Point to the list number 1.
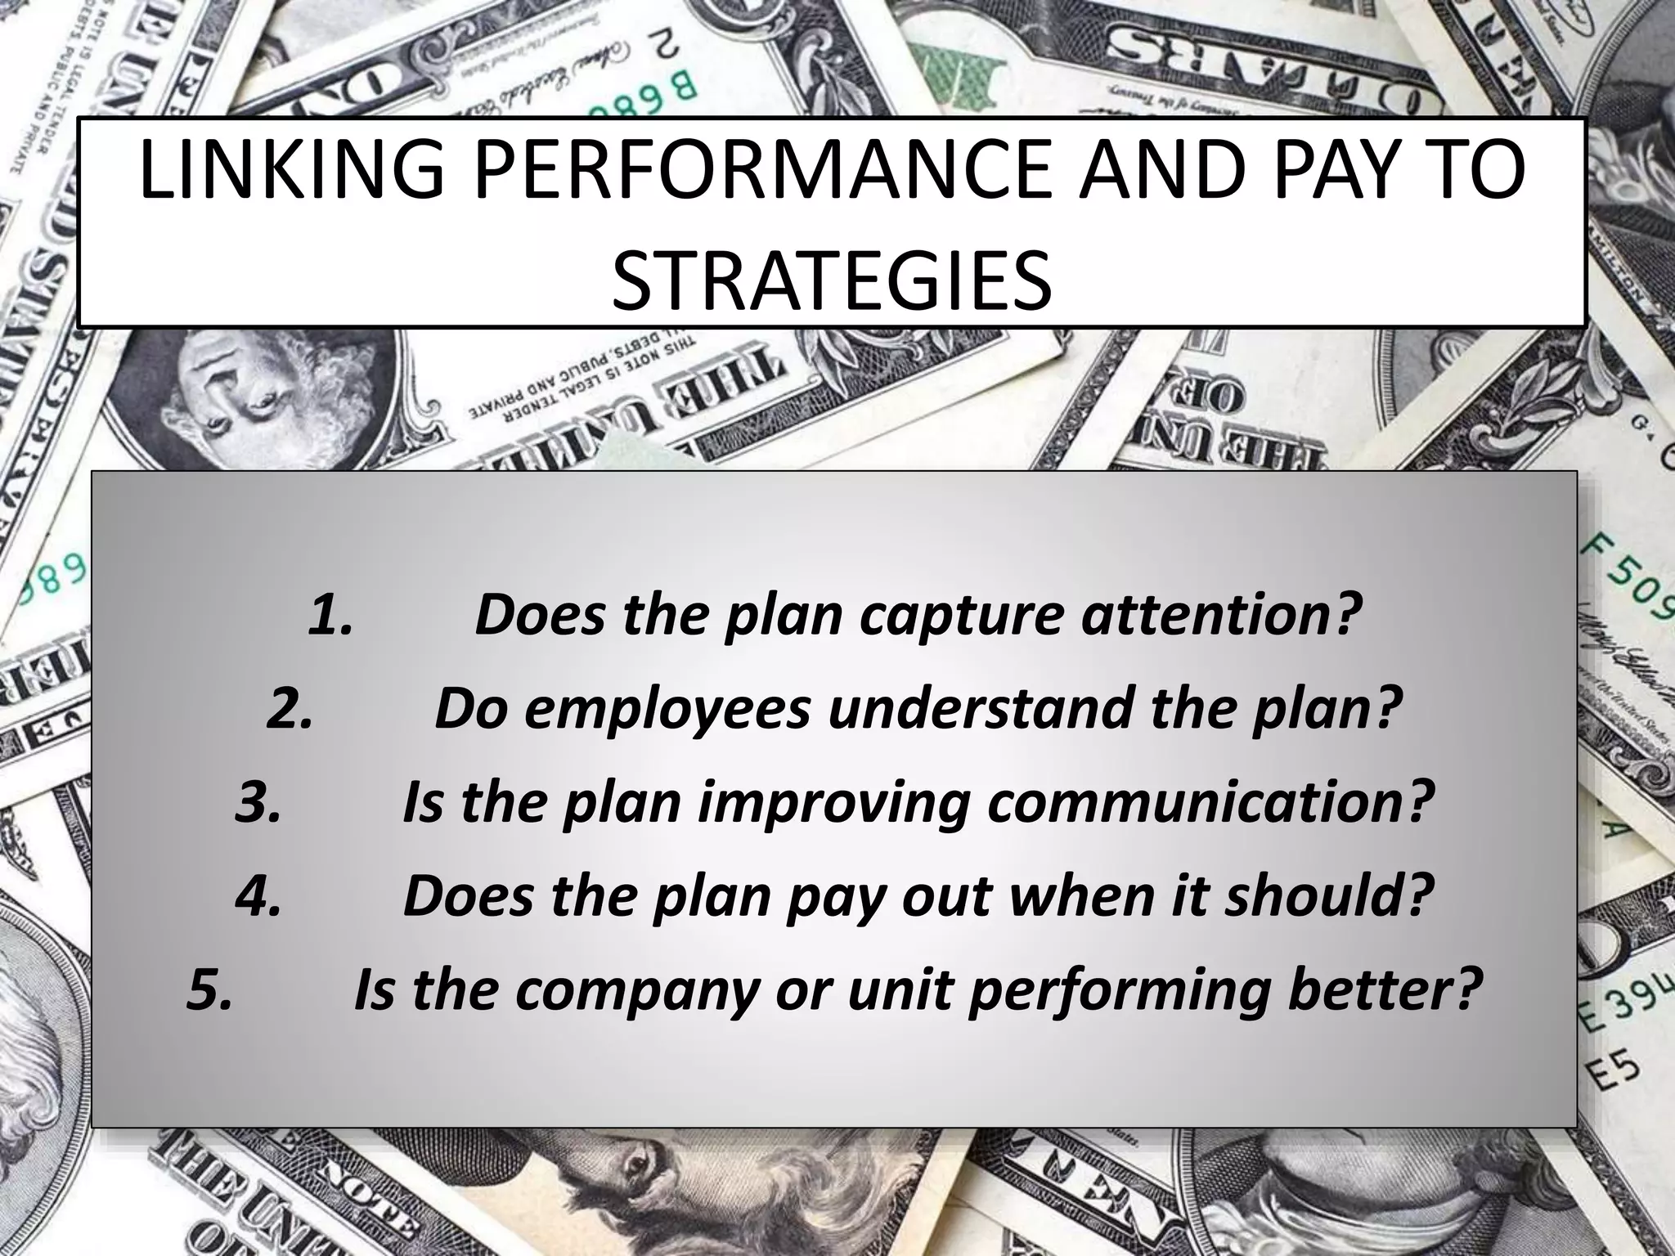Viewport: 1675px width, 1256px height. (x=330, y=615)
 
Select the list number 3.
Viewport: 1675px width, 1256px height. (x=258, y=802)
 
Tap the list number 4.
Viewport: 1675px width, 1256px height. (x=258, y=896)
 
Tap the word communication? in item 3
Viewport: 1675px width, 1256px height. (x=1210, y=802)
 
